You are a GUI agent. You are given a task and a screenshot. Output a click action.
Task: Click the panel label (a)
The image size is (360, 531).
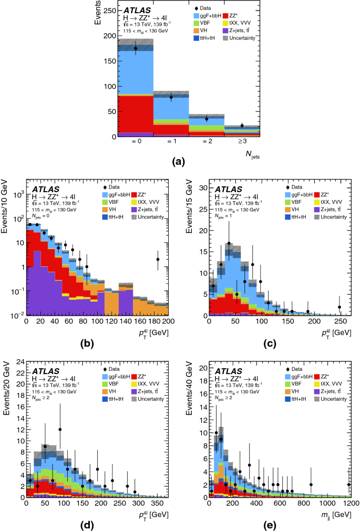180,162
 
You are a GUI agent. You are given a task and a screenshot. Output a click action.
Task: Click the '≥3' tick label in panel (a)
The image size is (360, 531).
241,142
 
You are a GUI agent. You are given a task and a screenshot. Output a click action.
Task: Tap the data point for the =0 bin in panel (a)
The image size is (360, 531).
136,48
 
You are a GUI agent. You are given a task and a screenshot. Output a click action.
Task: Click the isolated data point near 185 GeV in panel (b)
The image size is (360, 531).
158,259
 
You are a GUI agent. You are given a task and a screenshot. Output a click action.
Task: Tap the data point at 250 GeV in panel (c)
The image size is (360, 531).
340,307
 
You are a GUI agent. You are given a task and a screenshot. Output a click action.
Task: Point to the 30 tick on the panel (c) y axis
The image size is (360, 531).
203,188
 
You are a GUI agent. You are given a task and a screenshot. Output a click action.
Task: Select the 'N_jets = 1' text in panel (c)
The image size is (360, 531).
226,215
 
